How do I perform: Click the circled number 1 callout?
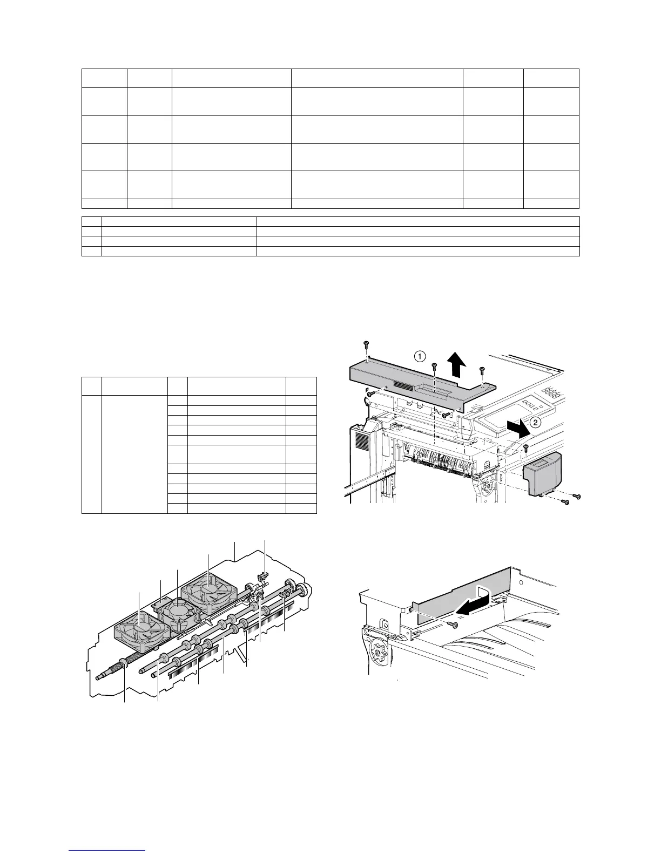tap(420, 356)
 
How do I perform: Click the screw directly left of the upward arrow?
tap(435, 368)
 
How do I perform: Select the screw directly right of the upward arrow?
tap(482, 370)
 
